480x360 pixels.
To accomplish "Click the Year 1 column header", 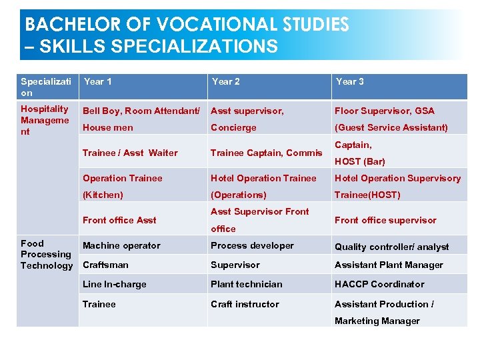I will (x=97, y=81).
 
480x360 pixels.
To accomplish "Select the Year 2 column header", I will (x=225, y=81).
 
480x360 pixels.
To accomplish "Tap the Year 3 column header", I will (x=349, y=81).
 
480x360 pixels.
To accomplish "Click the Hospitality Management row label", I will (x=45, y=120).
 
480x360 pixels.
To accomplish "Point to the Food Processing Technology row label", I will (x=47, y=255).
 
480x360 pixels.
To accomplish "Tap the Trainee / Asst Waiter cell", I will (x=130, y=153).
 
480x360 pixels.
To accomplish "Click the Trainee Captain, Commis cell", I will (x=266, y=153).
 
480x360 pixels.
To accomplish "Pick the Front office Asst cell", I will (x=119, y=220).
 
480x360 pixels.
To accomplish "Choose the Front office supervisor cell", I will (x=385, y=220).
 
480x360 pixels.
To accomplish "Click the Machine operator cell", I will (x=121, y=246).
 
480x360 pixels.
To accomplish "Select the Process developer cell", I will (x=252, y=245).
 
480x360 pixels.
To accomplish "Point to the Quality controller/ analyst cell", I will (x=391, y=247).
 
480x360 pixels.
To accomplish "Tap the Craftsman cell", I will (x=105, y=265).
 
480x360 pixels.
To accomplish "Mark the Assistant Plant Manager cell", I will (x=389, y=265).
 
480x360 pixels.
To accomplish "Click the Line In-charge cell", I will (x=114, y=284).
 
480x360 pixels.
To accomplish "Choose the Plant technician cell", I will (x=246, y=284).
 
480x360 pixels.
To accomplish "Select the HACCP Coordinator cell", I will (x=379, y=284).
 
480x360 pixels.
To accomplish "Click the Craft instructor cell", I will (x=245, y=304).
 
